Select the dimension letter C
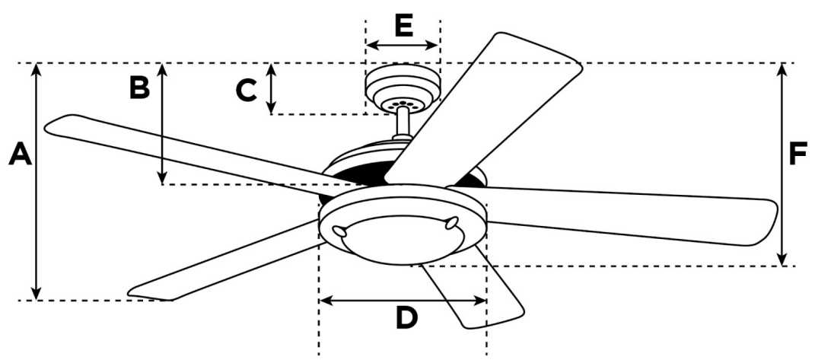tap(246, 91)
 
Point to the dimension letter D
tap(406, 317)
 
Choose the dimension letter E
tap(404, 25)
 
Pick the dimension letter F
tap(797, 154)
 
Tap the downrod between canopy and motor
tap(402, 124)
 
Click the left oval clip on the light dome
tap(339, 231)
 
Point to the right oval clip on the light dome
tap(452, 223)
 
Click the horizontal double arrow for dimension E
tap(403, 45)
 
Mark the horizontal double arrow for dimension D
tap(403, 300)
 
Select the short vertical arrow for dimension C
tap(271, 88)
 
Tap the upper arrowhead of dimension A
tap(36, 69)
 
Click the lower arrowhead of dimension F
tap(782, 259)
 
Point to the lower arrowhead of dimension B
tap(163, 178)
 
